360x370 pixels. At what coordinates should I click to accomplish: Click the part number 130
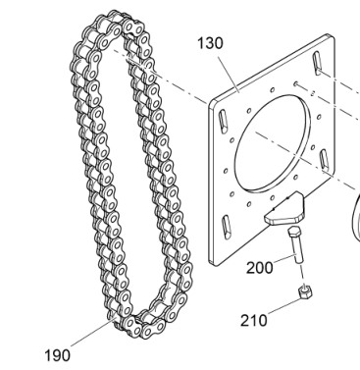point(211,43)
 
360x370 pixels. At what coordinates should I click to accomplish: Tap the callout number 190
point(57,355)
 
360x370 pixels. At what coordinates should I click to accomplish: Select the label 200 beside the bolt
point(260,268)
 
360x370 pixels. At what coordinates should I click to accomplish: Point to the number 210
point(254,320)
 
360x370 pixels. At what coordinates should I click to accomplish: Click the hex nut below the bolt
point(305,291)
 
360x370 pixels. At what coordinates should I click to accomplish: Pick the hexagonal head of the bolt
point(293,232)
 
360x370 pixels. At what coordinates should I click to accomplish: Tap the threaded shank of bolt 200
point(297,249)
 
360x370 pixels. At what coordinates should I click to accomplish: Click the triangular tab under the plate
point(285,210)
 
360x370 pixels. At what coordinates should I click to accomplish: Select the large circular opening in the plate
point(272,142)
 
